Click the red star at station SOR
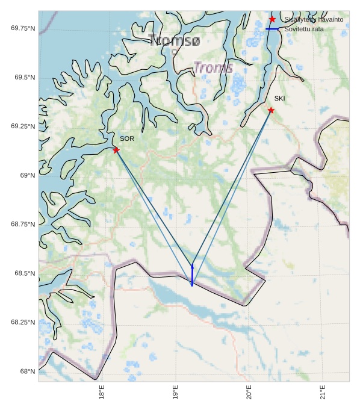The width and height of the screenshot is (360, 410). click(x=116, y=150)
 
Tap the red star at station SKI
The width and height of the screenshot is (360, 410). click(x=271, y=110)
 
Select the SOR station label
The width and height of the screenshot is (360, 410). click(x=127, y=138)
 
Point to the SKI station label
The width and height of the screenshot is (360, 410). click(x=280, y=98)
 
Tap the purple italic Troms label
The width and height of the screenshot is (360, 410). click(x=213, y=67)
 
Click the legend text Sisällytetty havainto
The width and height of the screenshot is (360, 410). click(x=314, y=20)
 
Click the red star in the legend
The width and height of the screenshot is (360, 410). click(x=272, y=19)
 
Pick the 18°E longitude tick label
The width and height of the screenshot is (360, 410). click(x=102, y=393)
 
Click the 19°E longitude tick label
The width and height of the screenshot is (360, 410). click(x=175, y=393)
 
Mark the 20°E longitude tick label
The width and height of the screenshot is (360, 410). click(x=249, y=393)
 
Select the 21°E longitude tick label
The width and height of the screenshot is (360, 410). click(x=323, y=393)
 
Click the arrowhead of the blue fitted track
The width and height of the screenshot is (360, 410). click(x=192, y=266)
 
